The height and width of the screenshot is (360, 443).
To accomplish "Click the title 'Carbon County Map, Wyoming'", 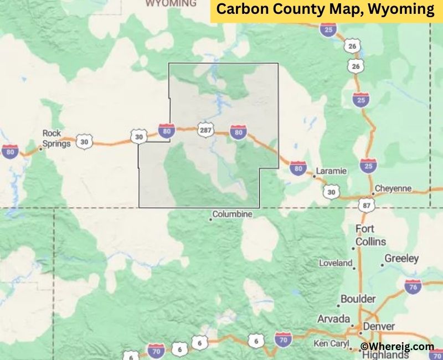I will point(326,9).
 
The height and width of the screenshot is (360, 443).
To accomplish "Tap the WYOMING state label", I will point(171,3).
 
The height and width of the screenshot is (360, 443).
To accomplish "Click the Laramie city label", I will point(331,171).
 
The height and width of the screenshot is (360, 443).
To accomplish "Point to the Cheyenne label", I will point(393,188).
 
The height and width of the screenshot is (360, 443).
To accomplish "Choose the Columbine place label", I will point(233,214).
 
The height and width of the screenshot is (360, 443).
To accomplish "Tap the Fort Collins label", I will point(371,235).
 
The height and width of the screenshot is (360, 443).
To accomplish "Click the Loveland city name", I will point(335,263).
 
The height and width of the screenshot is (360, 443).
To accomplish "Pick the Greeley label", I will point(402,259).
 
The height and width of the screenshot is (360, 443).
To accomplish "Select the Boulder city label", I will point(358,299).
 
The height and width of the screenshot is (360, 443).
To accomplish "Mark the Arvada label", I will point(333,319).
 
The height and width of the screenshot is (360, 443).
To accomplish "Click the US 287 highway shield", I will point(205,128).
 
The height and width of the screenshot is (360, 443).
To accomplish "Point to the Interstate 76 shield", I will point(413,286).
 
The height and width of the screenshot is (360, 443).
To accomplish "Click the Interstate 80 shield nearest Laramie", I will point(298,167).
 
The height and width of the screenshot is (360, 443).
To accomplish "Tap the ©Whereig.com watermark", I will point(397,346).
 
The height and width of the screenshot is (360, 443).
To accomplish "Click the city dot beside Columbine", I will point(210,220).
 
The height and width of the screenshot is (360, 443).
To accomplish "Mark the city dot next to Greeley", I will point(382,265).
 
